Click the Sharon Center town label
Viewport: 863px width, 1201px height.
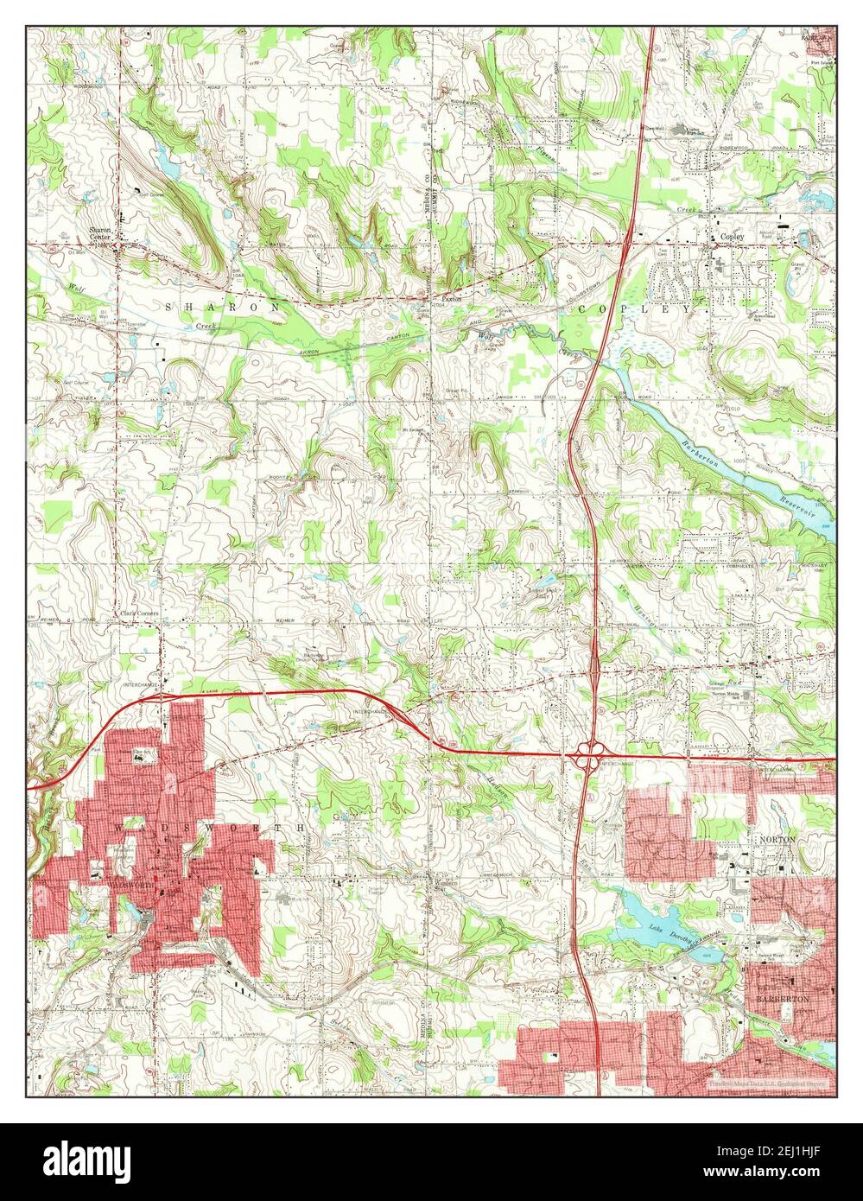(103, 234)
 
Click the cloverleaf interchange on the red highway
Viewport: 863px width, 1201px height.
(587, 759)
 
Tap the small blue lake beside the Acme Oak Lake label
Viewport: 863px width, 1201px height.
(545, 581)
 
